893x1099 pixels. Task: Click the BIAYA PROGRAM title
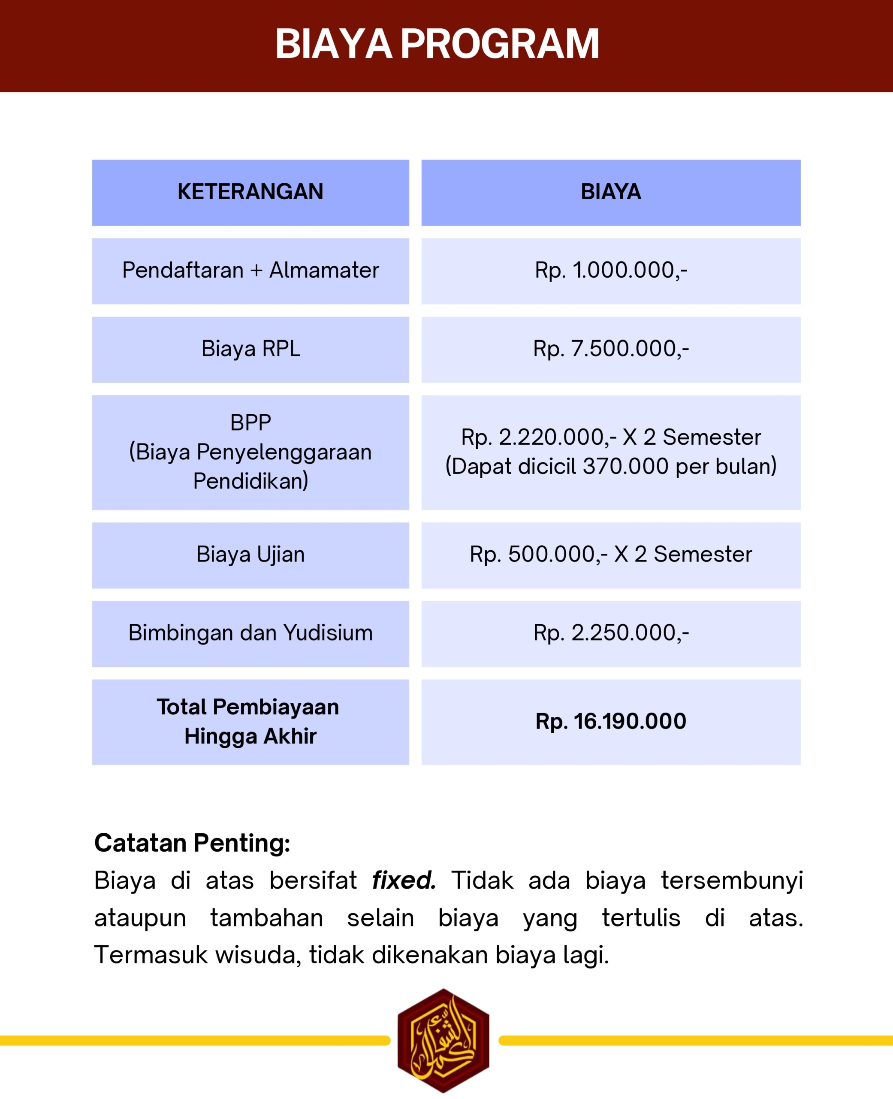(437, 44)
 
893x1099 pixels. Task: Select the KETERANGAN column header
(250, 192)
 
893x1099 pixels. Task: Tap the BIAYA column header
(611, 192)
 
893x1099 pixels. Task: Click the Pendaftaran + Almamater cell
(250, 270)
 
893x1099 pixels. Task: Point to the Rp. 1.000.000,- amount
(611, 270)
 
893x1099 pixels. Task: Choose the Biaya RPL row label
(250, 349)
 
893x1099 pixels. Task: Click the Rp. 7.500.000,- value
(611, 349)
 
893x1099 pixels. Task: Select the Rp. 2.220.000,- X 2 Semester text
(611, 437)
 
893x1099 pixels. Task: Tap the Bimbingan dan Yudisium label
(250, 633)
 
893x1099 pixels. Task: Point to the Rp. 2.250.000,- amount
(611, 633)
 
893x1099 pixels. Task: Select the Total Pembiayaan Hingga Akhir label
(250, 721)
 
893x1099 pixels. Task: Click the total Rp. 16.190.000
(611, 721)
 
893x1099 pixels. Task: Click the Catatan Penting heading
(193, 844)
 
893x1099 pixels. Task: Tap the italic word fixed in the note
(404, 881)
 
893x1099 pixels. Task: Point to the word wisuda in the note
(258, 955)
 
